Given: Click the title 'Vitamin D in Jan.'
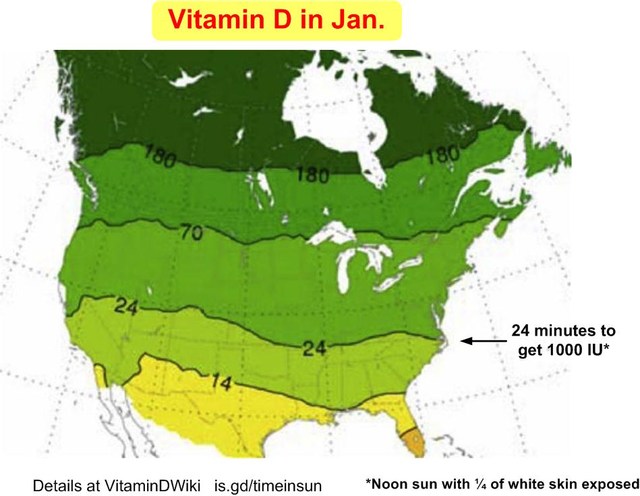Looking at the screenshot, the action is coord(277,20).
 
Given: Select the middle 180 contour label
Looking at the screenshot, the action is coord(312,175).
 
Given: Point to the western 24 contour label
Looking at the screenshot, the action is coord(126,307).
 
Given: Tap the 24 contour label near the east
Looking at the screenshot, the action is coord(314,348).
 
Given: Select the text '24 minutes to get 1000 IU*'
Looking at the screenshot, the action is coord(563,340).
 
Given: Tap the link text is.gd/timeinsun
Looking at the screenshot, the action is coord(268,485).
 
